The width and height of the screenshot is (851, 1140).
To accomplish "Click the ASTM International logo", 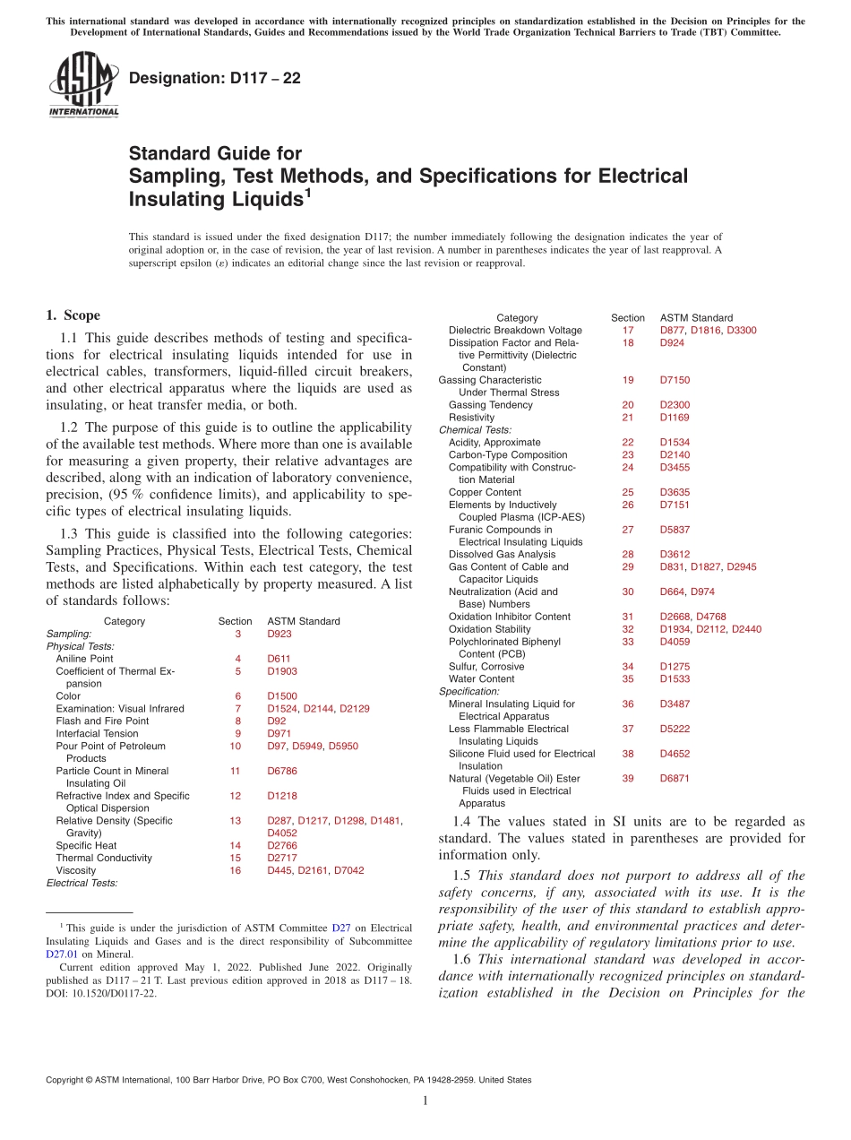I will coord(83,84).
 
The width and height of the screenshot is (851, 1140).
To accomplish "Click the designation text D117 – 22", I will coord(215,78).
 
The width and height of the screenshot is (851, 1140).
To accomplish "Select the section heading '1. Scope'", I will coord(73,315).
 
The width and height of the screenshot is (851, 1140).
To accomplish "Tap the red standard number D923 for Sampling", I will coord(279,634).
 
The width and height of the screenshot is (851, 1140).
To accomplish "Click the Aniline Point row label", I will coord(84,659).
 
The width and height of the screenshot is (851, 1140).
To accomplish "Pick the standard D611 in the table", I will coord(279,659).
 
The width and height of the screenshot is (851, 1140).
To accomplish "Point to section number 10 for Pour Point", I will coord(235,746).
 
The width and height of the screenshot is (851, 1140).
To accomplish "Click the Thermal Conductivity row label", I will coord(103,858).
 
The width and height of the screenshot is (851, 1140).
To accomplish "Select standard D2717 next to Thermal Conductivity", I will coord(281,858).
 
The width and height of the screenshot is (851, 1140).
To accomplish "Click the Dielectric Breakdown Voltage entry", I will coord(515,331).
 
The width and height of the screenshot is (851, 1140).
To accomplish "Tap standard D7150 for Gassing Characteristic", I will coord(675,380).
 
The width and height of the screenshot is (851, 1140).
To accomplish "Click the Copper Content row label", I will coord(485,492).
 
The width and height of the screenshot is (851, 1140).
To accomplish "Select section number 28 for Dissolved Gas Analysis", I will coord(627,555).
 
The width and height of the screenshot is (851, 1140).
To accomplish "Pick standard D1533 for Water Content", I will coord(675,679).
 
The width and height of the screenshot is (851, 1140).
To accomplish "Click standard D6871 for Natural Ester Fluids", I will coord(675,779).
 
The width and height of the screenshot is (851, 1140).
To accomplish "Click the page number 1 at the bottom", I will coord(425,1101).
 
